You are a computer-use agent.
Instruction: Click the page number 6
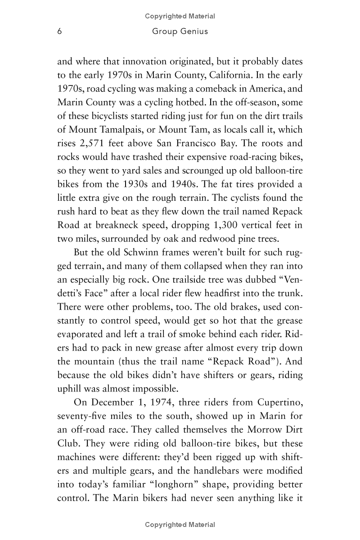59,31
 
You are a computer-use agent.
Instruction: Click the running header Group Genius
180,31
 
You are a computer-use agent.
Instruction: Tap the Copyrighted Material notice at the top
180,16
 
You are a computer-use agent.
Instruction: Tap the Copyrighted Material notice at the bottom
180,525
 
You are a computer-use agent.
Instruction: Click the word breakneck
140,225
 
